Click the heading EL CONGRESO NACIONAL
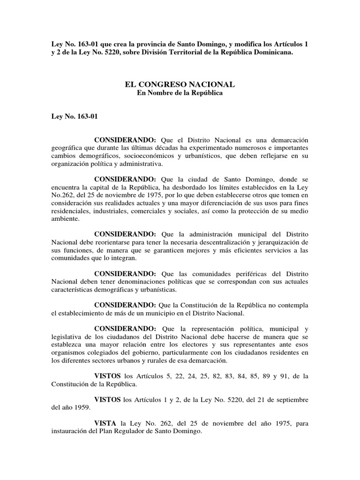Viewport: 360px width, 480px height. coord(180,84)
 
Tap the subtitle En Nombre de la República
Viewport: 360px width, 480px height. coord(180,93)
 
